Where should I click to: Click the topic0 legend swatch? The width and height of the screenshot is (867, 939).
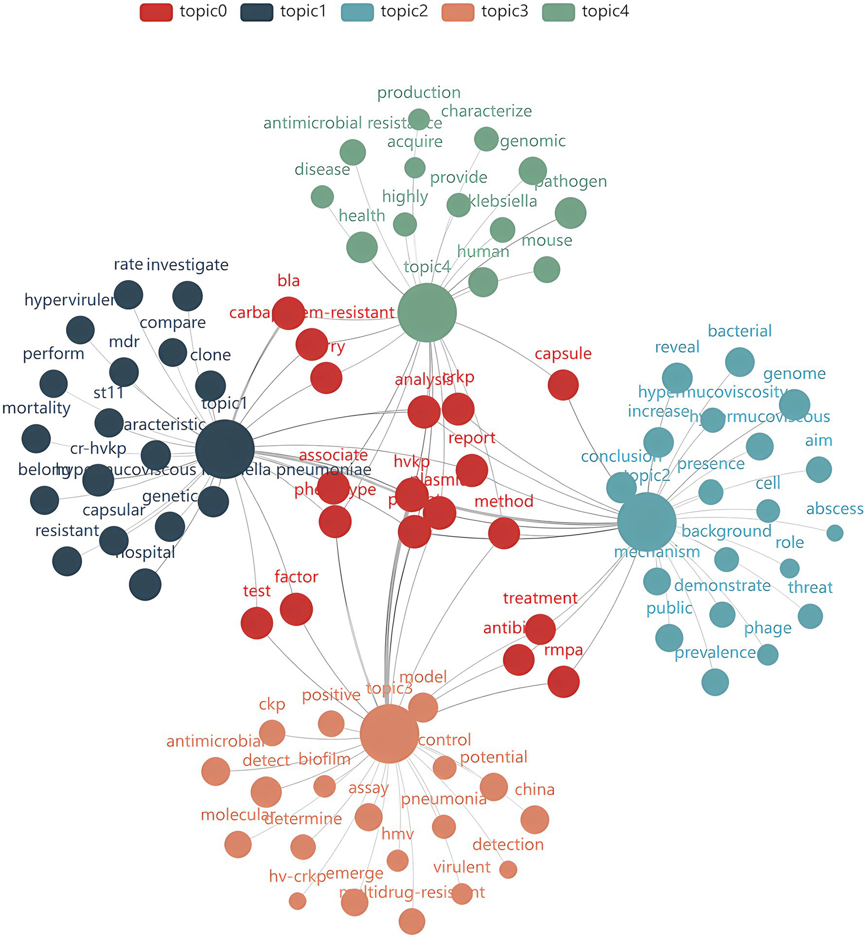156,12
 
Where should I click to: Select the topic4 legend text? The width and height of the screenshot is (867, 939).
605,11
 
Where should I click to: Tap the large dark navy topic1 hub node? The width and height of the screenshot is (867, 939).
225,449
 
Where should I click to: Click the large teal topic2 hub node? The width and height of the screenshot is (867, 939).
647,521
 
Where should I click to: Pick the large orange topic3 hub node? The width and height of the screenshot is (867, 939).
389,733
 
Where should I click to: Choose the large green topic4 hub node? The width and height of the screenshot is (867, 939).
427,312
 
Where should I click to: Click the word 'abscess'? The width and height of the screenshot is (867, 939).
834,509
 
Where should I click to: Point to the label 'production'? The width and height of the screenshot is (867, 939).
419,93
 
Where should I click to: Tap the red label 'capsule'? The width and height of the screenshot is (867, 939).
563,354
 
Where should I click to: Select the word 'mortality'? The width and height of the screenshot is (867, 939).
36,408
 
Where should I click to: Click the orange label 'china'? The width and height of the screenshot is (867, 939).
534,789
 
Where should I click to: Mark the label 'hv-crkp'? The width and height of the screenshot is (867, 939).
297,876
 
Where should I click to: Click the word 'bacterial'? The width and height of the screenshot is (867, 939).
739,331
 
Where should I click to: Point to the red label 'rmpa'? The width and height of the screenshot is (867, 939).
563,650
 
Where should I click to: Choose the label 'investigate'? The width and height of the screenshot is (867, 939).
188,265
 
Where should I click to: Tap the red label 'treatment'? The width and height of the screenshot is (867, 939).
540,598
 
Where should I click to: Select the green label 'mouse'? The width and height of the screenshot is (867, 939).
547,241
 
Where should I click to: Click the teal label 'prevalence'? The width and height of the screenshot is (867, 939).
715,653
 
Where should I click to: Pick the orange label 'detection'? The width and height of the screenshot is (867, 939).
508,845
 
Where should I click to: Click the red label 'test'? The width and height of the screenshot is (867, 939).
257,591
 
